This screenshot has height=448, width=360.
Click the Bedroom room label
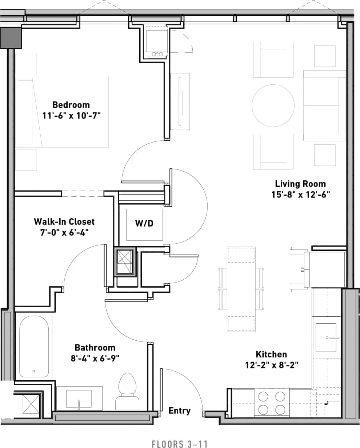(71, 105)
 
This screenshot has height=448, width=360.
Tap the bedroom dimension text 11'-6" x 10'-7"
(71, 116)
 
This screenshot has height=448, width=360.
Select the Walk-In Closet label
(64, 221)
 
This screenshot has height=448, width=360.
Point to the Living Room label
(300, 184)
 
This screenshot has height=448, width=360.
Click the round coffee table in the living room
(273, 105)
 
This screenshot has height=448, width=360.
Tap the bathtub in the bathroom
(34, 346)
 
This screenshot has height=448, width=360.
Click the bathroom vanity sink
(79, 399)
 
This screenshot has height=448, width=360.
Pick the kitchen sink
(326, 337)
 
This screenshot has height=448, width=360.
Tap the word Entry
(180, 411)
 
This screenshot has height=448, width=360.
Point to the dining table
(241, 289)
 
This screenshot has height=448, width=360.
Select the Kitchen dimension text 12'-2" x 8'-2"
(272, 365)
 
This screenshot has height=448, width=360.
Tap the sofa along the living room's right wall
(324, 105)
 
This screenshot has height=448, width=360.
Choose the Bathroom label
(95, 348)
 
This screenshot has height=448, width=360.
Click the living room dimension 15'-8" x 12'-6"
(300, 195)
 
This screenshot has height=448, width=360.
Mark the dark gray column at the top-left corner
(11, 37)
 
